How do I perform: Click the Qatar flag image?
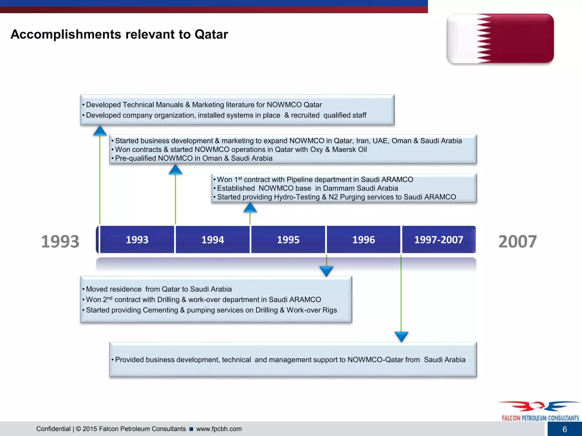(x=500, y=38)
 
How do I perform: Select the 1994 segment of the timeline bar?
(x=213, y=240)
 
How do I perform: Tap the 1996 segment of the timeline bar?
(x=363, y=240)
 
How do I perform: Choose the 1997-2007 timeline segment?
(x=438, y=240)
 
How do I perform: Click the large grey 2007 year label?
(x=517, y=242)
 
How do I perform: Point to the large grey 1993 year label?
(x=60, y=242)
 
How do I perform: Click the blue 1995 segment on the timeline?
(x=288, y=240)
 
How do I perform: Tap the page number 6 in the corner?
(x=564, y=429)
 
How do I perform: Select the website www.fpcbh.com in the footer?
(x=219, y=429)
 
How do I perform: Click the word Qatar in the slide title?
(x=211, y=34)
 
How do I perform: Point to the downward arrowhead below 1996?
(x=326, y=271)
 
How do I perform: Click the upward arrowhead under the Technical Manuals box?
(x=100, y=131)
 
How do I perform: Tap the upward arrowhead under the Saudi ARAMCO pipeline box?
(x=250, y=208)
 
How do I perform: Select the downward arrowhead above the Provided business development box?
(x=401, y=337)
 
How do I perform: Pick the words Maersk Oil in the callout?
(x=349, y=150)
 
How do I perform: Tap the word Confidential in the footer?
(x=53, y=429)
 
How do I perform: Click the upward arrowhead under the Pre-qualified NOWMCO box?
(x=175, y=170)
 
